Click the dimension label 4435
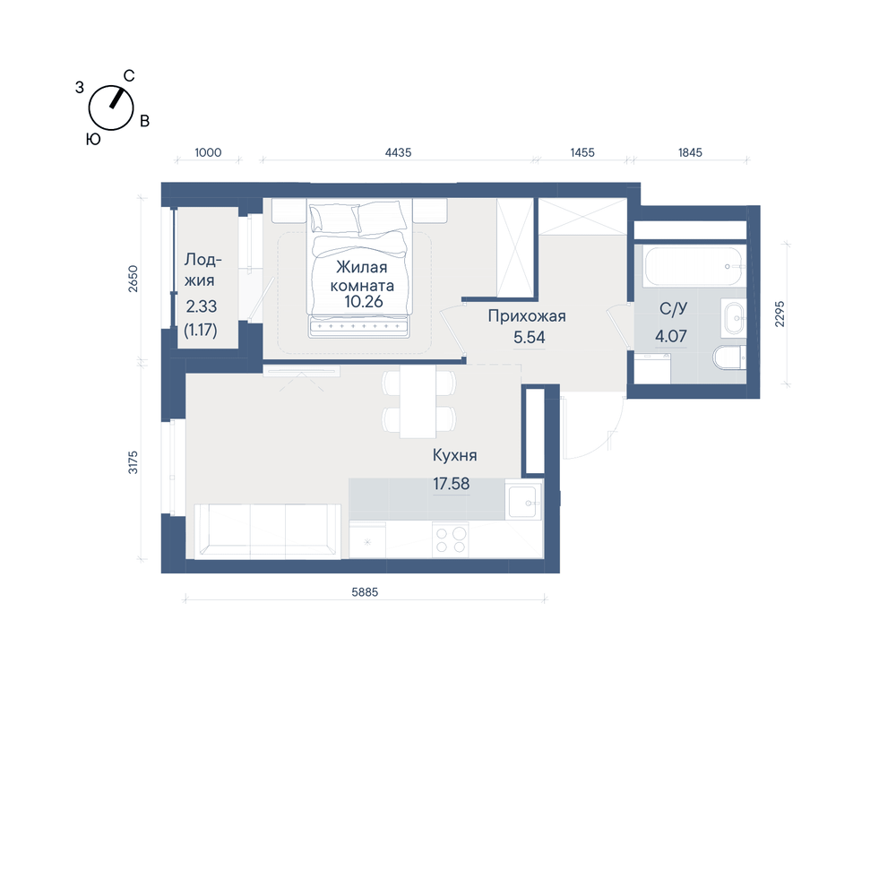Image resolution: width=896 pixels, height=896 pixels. click(399, 152)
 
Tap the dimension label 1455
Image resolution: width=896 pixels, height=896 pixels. click(582, 152)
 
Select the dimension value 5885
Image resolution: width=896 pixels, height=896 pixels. click(365, 592)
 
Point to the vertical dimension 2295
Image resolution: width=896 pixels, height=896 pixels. click(780, 314)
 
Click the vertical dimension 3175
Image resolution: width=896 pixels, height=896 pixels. click(133, 462)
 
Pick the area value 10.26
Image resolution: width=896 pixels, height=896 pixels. click(364, 301)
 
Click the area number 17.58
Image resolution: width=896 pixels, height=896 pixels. click(452, 484)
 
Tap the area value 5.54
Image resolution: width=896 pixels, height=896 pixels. click(530, 337)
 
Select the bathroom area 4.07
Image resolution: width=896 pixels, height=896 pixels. click(671, 336)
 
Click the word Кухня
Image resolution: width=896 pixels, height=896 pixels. click(455, 455)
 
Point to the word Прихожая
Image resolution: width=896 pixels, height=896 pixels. click(527, 316)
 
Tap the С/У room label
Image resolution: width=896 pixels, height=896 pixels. click(673, 308)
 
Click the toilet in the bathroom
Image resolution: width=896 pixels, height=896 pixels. click(729, 358)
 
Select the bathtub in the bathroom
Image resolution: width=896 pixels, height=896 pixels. click(694, 266)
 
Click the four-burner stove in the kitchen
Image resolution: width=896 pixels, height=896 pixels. click(451, 540)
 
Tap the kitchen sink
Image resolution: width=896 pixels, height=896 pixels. click(523, 501)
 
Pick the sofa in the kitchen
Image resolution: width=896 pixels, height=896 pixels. click(267, 530)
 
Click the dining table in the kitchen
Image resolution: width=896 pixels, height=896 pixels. click(418, 401)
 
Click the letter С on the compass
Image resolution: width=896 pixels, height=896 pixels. click(129, 76)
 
